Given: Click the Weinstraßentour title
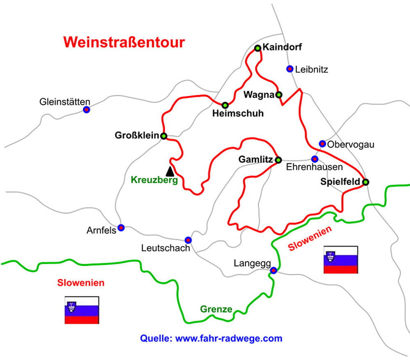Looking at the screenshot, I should pyautogui.click(x=124, y=42).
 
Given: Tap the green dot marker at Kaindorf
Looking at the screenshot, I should pyautogui.click(x=258, y=48).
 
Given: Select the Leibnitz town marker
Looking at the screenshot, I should pyautogui.click(x=290, y=69).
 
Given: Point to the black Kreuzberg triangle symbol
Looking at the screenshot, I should pyautogui.click(x=169, y=171).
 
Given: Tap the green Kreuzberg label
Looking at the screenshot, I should pyautogui.click(x=155, y=180).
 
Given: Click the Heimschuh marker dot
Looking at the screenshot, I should pyautogui.click(x=225, y=105).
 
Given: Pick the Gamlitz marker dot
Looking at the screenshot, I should pyautogui.click(x=278, y=160).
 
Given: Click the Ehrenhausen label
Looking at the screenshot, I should pyautogui.click(x=314, y=167).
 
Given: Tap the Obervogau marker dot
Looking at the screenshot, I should pyautogui.click(x=322, y=144).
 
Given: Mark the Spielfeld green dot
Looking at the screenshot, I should pyautogui.click(x=365, y=182).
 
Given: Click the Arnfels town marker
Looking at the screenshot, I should pyautogui.click(x=121, y=228).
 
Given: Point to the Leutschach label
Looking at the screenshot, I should pyautogui.click(x=166, y=248).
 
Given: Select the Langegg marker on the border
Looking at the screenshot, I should pyautogui.click(x=273, y=270).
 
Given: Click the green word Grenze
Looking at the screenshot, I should pyautogui.click(x=216, y=309).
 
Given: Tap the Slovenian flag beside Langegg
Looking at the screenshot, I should pyautogui.click(x=340, y=260).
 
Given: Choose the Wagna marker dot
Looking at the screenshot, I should pyautogui.click(x=279, y=95).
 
